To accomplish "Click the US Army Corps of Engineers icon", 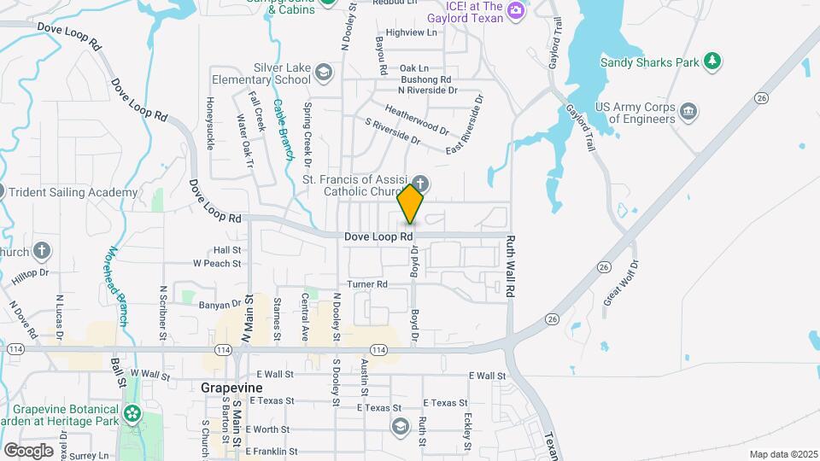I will (x=688, y=111).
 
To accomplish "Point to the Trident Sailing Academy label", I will (x=74, y=192).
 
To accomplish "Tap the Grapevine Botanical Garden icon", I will (x=132, y=415).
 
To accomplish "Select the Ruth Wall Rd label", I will (x=511, y=266).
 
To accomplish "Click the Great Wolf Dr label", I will (x=621, y=283).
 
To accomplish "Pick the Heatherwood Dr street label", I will (x=416, y=120).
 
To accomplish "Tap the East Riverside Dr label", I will (x=466, y=125).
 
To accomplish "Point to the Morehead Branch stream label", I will (x=117, y=283).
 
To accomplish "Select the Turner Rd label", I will (x=367, y=283).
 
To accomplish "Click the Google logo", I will (x=28, y=450).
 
